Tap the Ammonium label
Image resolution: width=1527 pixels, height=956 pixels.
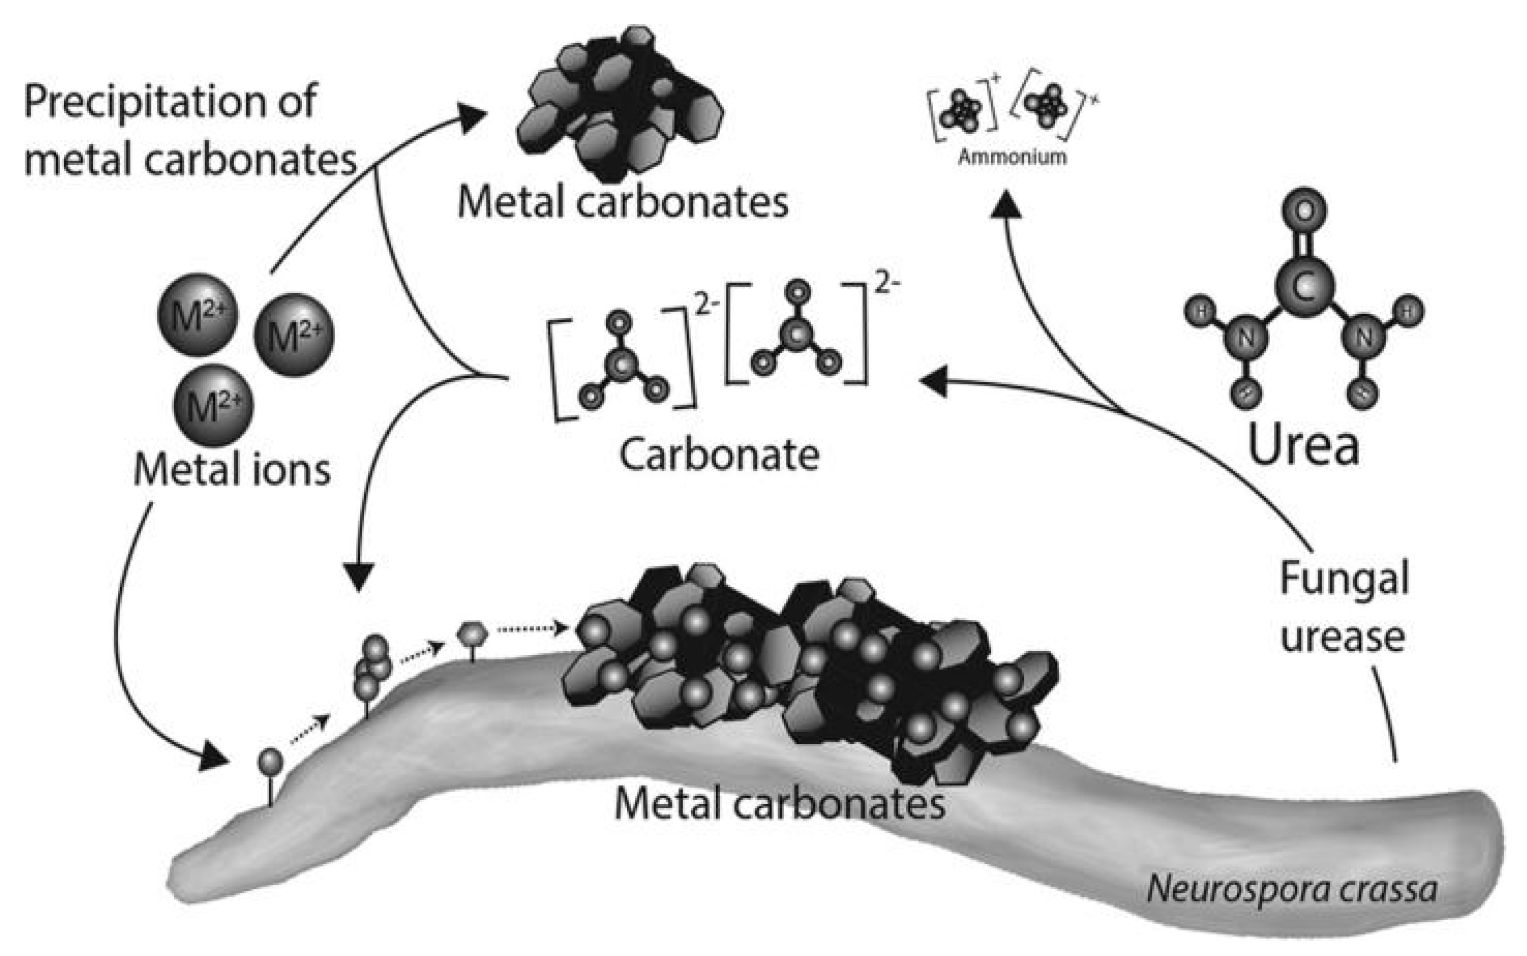click(x=1012, y=157)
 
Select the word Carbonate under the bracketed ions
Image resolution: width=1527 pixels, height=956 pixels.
click(x=719, y=454)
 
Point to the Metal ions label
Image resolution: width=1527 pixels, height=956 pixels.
click(x=232, y=470)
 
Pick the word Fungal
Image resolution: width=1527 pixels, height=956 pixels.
click(x=1344, y=579)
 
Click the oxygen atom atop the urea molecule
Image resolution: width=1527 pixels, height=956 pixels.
click(x=1304, y=211)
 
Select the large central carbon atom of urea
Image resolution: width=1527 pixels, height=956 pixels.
click(x=1304, y=287)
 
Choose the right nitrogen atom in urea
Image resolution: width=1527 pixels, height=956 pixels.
click(x=1364, y=338)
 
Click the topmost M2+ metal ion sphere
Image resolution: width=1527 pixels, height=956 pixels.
click(x=198, y=314)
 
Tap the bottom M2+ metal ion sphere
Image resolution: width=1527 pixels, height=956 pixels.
click(x=213, y=405)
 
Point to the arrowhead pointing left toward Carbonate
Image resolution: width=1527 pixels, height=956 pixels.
click(x=933, y=381)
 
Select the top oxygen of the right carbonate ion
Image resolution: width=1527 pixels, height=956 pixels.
click(x=799, y=292)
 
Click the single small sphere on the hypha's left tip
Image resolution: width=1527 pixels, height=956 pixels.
click(x=270, y=761)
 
